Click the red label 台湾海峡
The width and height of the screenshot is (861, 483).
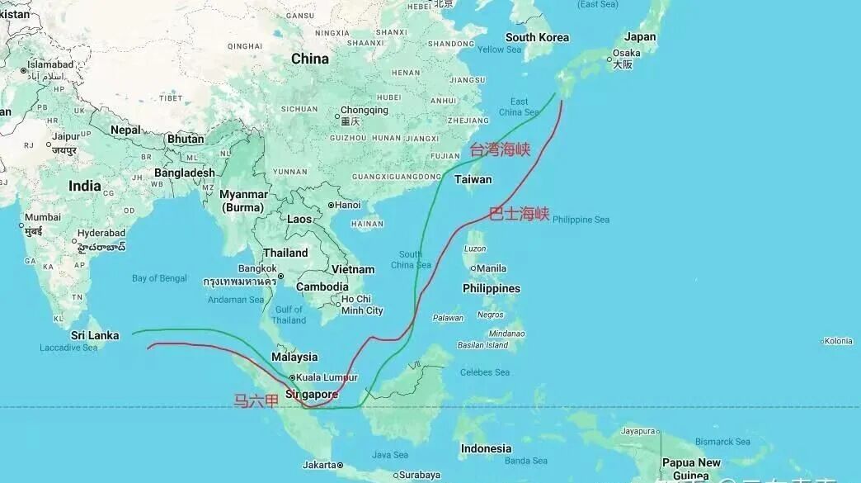click(x=500, y=149)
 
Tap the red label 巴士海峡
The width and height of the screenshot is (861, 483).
click(x=519, y=214)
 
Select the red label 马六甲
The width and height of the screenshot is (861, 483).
click(x=256, y=401)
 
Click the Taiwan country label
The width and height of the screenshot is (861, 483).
click(x=473, y=179)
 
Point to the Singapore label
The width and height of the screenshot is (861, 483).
click(x=312, y=395)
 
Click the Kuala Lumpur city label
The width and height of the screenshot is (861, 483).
click(x=328, y=377)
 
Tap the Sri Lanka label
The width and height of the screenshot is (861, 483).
click(x=95, y=335)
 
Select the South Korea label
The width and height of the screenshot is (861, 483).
click(x=537, y=37)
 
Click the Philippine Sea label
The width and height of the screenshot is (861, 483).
click(x=581, y=220)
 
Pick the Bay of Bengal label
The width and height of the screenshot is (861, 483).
click(x=159, y=278)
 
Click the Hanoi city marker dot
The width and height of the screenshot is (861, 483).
click(x=331, y=205)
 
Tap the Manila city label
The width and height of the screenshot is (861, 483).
click(x=492, y=268)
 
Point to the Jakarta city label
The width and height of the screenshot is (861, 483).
click(x=319, y=465)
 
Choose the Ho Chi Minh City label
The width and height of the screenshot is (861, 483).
click(x=362, y=305)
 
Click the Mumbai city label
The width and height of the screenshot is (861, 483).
click(x=42, y=217)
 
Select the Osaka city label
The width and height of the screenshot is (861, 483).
click(x=627, y=54)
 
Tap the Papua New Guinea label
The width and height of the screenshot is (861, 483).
click(x=690, y=468)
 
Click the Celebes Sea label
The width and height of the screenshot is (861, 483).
click(x=484, y=372)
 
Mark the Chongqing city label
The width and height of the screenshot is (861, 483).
click(x=364, y=110)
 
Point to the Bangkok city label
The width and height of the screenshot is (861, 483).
click(x=257, y=268)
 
